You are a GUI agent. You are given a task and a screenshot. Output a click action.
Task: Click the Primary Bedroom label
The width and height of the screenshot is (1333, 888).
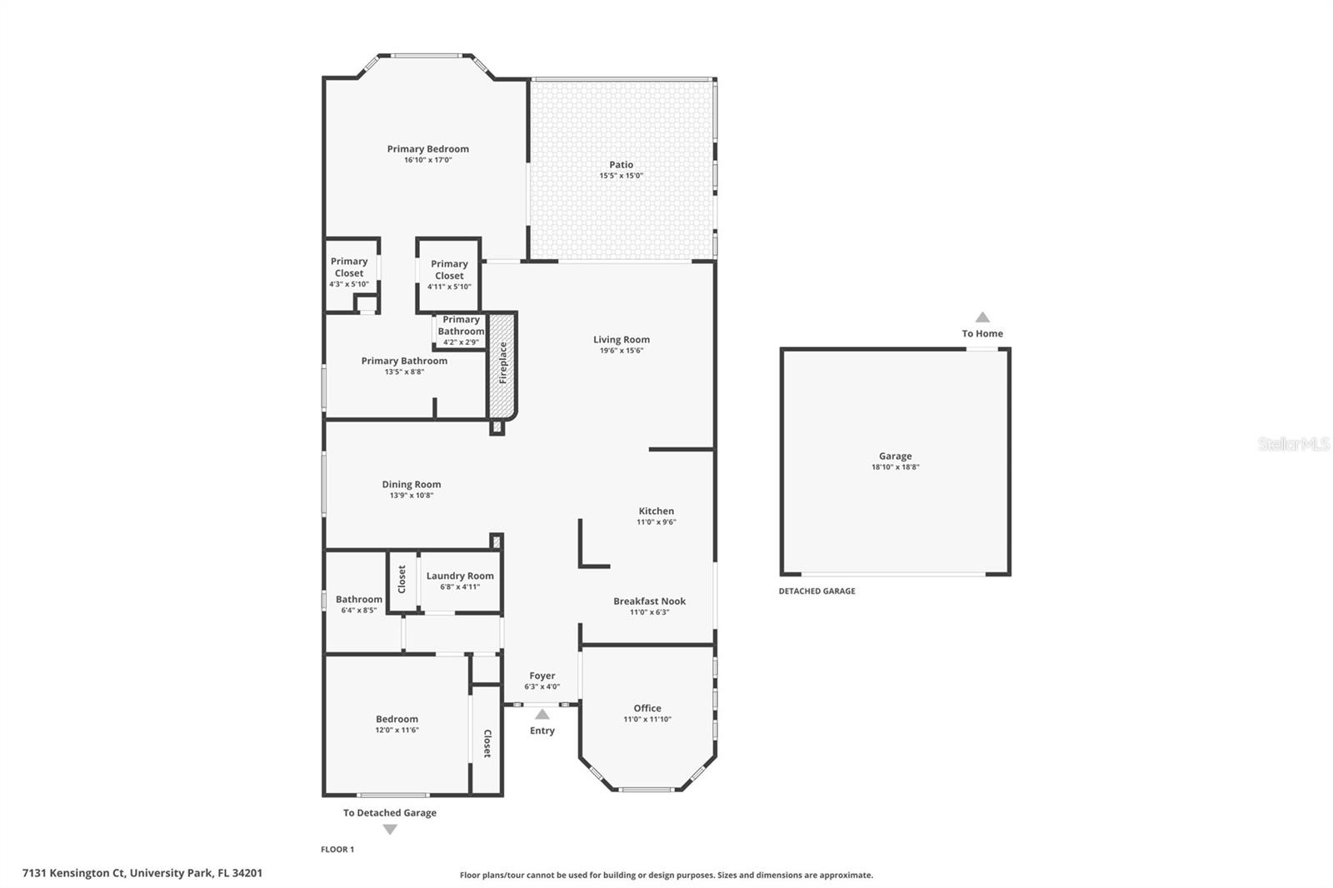pos(427,149)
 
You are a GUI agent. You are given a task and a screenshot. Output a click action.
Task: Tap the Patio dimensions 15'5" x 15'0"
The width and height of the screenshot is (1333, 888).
pos(621,176)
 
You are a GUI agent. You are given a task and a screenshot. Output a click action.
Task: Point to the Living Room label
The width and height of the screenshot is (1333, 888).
pos(621,339)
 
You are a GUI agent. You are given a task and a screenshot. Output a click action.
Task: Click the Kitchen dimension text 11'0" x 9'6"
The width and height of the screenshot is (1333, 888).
pos(657,522)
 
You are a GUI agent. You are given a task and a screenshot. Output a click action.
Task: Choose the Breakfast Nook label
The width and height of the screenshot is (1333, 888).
pos(649,601)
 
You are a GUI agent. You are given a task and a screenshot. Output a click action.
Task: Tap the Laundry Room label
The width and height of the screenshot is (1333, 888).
pos(460,576)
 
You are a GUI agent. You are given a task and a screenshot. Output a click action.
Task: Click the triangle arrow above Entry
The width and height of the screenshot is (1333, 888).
pos(542,714)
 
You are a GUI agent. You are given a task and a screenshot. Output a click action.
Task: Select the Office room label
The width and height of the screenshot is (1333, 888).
pos(647,708)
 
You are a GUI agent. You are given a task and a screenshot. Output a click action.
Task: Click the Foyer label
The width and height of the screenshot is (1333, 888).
pos(542,676)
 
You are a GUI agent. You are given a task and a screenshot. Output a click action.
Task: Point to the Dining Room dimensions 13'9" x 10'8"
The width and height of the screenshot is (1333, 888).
pos(412,496)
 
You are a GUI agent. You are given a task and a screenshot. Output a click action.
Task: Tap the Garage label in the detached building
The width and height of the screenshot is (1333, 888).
pos(895,456)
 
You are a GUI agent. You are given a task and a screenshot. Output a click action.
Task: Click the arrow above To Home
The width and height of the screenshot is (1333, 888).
pos(982,317)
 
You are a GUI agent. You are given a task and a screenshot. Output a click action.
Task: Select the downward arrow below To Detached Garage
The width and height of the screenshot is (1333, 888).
pos(390,830)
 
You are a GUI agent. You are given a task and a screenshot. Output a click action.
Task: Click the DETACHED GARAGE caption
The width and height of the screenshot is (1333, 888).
pos(816,591)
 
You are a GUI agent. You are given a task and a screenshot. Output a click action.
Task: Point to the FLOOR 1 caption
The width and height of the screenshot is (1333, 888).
pos(337,850)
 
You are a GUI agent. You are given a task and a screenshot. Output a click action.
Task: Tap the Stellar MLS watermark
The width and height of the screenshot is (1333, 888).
pos(1293,444)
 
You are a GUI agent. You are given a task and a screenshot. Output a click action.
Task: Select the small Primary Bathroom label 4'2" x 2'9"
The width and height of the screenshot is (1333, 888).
pos(461,330)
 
